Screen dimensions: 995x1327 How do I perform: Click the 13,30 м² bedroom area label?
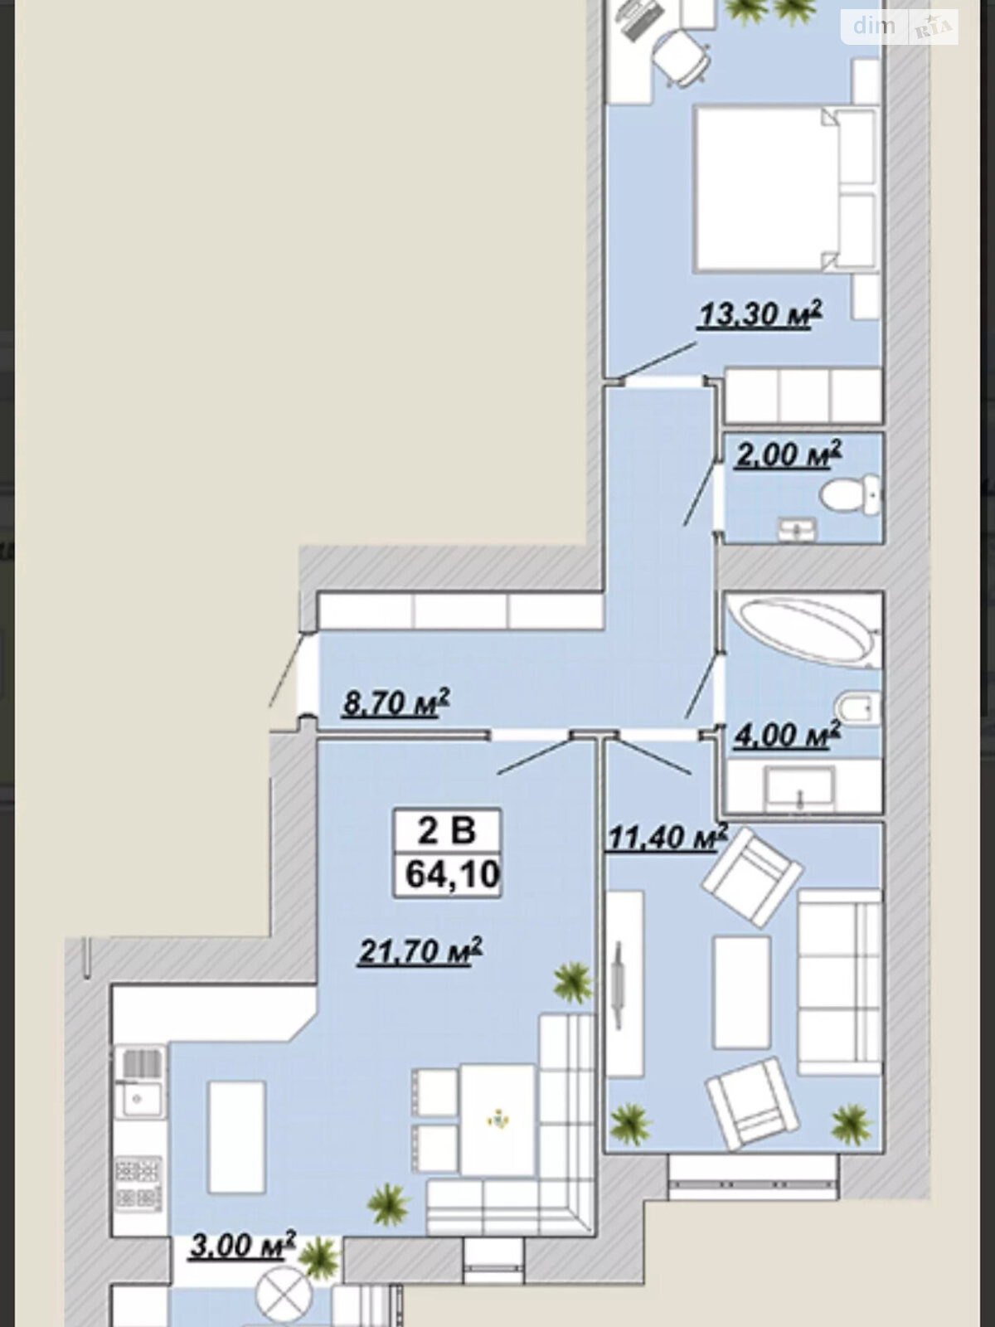tap(760, 315)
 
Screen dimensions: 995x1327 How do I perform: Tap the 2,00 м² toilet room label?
tap(788, 454)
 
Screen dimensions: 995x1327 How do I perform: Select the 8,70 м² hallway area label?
tap(396, 702)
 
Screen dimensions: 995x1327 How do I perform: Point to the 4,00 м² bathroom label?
tap(787, 735)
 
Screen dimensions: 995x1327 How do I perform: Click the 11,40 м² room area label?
tap(667, 838)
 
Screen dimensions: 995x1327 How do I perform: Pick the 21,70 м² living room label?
tap(420, 951)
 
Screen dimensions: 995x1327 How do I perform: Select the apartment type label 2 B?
tap(447, 830)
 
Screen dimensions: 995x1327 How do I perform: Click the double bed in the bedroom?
tap(785, 188)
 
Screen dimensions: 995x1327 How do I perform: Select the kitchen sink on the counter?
tap(138, 1099)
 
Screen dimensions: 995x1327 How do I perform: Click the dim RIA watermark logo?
tap(900, 27)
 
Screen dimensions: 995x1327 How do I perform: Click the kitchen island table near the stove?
tap(237, 1137)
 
